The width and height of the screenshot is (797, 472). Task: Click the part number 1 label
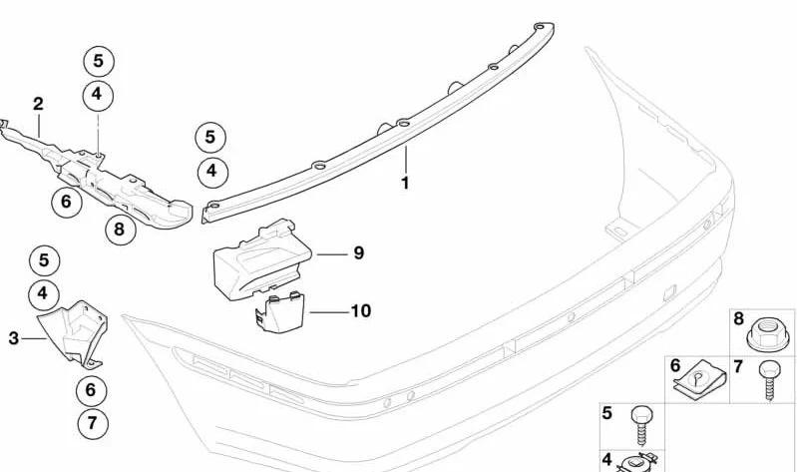[405, 183]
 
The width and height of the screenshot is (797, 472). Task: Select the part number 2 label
[38, 104]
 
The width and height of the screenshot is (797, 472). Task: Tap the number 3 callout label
[14, 338]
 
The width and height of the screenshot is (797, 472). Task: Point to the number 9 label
[359, 252]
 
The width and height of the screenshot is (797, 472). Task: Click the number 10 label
[361, 310]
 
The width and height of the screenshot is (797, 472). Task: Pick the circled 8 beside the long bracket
[121, 230]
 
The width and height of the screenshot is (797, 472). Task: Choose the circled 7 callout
[93, 423]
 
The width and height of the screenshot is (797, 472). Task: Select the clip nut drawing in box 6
[700, 380]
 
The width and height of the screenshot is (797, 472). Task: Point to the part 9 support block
[262, 259]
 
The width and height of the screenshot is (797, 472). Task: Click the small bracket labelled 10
[280, 312]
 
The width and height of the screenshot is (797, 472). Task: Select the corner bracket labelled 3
[75, 333]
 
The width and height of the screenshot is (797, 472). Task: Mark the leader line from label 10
[329, 311]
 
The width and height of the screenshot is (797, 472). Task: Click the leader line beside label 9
[332, 253]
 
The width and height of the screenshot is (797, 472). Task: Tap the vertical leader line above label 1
[406, 160]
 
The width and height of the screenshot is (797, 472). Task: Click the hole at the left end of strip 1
[214, 206]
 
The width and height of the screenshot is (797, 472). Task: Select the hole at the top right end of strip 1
[540, 27]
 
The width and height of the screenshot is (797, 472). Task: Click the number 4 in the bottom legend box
[606, 460]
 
